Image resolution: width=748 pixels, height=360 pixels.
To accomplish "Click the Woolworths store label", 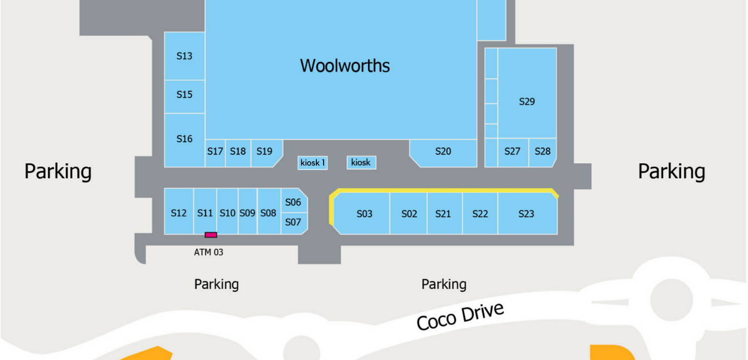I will (x=345, y=66).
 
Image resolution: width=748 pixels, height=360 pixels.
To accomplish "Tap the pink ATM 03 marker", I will (x=211, y=235).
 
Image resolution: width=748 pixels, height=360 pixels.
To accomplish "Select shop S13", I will (x=185, y=56).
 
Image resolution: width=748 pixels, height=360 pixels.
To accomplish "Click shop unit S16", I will (x=185, y=139).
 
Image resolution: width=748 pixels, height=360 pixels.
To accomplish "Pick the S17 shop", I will (x=215, y=152).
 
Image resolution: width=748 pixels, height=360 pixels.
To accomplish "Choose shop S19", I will (x=265, y=152).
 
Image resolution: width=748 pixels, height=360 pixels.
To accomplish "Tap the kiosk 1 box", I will (x=312, y=163).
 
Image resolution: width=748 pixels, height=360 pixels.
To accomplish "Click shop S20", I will (x=443, y=152).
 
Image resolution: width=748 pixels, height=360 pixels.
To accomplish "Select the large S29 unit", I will (x=527, y=101).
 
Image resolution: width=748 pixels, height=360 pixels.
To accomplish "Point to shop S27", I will (x=513, y=152).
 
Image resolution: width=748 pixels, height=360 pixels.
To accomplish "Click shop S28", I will (x=542, y=152).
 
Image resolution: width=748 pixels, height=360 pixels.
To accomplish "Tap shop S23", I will (x=526, y=214).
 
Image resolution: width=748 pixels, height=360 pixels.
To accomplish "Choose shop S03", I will (x=364, y=214).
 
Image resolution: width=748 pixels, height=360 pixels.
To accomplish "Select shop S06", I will (x=293, y=203).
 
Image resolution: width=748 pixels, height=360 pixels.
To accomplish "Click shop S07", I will (x=293, y=223).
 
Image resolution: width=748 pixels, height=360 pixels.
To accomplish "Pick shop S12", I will (x=178, y=213).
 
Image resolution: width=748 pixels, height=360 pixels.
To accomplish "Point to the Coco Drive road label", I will (x=460, y=316).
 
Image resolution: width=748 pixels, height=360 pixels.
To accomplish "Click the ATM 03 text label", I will (x=208, y=253).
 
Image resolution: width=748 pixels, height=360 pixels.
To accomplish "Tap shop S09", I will (x=247, y=213).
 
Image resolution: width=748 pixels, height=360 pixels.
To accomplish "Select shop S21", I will (x=443, y=214).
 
